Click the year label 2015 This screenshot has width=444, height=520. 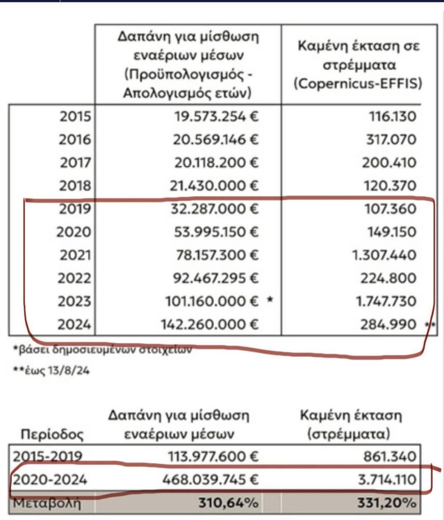[x=75, y=116]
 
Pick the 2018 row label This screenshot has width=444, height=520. [x=75, y=186]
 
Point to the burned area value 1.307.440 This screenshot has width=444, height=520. [x=384, y=255]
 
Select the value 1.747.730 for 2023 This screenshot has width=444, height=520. [x=386, y=301]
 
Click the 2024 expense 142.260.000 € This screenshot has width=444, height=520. [x=210, y=324]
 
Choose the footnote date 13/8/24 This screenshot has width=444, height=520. [x=68, y=370]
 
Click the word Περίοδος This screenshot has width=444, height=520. [x=52, y=434]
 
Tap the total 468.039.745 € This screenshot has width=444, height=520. [x=210, y=479]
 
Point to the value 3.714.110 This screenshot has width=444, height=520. [x=387, y=479]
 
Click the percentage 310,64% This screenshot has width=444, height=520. [x=229, y=503]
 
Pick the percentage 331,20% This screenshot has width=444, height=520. [x=387, y=503]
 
